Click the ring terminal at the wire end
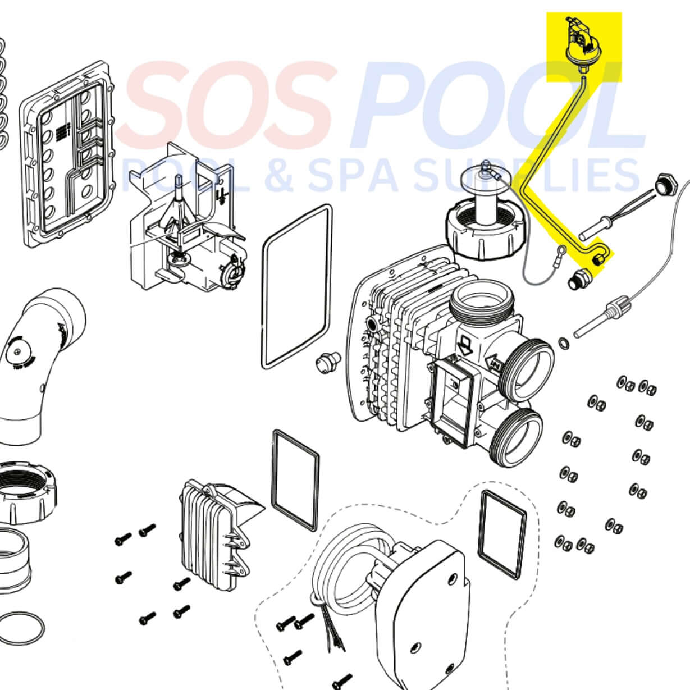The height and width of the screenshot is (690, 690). coord(560,251)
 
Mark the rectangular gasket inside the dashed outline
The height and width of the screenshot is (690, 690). coord(502,534)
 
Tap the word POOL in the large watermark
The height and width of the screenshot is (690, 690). coord(494,107)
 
